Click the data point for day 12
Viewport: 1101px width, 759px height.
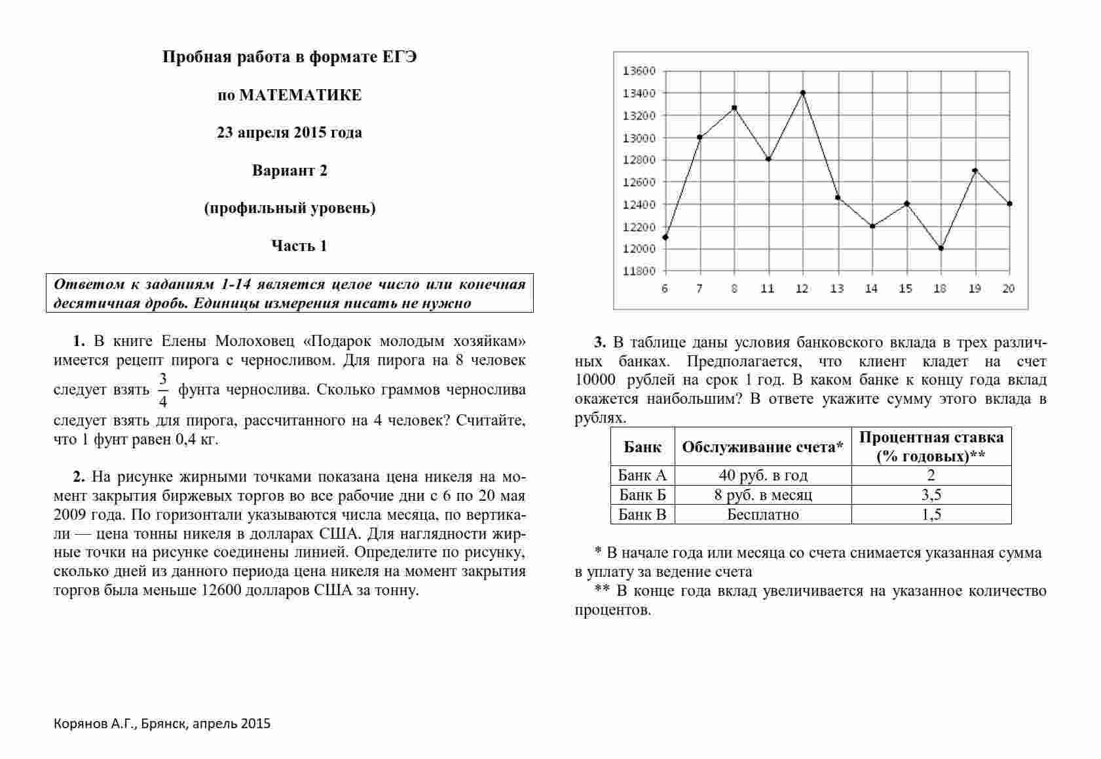coord(803,92)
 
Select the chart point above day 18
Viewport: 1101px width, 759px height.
coord(941,248)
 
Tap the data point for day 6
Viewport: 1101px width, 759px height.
coord(665,237)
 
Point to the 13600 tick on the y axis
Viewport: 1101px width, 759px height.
coord(639,71)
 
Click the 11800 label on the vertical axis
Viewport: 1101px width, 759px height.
coord(639,271)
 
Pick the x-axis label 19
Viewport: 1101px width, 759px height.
coord(975,288)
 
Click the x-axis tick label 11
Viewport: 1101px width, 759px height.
coord(768,288)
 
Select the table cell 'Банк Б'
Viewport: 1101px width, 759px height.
coord(643,495)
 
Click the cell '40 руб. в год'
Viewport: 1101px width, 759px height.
coord(763,475)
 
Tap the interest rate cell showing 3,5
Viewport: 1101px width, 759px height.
coord(931,495)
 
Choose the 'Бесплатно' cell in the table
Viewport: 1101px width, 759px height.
coord(763,515)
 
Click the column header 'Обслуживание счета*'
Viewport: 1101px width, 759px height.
coord(763,447)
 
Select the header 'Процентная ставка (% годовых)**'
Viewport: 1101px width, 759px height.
coord(931,446)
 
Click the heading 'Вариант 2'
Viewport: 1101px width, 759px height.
coord(289,170)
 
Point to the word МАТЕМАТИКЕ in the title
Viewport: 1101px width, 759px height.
coord(301,95)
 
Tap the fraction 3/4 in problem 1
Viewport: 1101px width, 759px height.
coord(163,390)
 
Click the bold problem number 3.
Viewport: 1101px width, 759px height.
coord(600,342)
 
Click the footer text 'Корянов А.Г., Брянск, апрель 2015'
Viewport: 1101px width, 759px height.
coord(162,724)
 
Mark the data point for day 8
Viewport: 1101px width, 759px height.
coord(734,107)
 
